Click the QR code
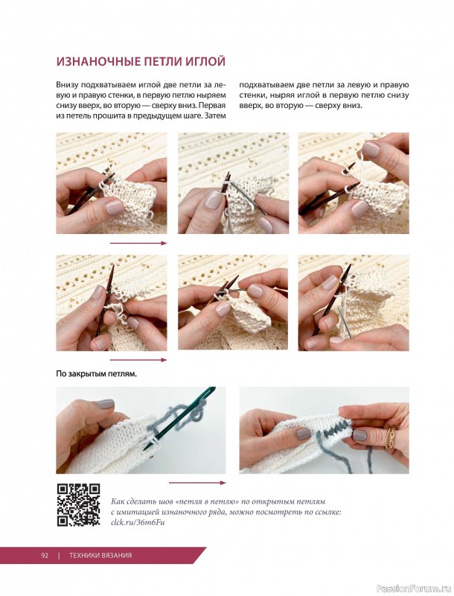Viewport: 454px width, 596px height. coord(79,505)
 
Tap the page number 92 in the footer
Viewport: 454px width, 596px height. coord(45,555)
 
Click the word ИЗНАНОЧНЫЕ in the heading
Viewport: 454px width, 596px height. coord(95,61)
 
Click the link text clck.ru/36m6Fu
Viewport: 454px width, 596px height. coord(138,522)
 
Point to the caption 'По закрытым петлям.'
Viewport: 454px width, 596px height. coord(97,374)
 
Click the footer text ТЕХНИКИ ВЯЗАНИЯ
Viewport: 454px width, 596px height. coord(100,555)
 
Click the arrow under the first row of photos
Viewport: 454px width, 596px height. coord(138,244)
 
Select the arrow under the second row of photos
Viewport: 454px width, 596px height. coord(138,360)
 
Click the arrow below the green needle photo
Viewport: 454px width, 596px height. coord(197,483)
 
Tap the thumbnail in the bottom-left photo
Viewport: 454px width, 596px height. coord(105,404)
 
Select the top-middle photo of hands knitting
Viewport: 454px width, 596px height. coord(234,183)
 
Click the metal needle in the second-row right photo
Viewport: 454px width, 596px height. coord(345,323)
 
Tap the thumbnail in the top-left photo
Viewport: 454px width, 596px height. coord(115,208)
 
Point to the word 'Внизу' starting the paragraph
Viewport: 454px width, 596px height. coord(67,85)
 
